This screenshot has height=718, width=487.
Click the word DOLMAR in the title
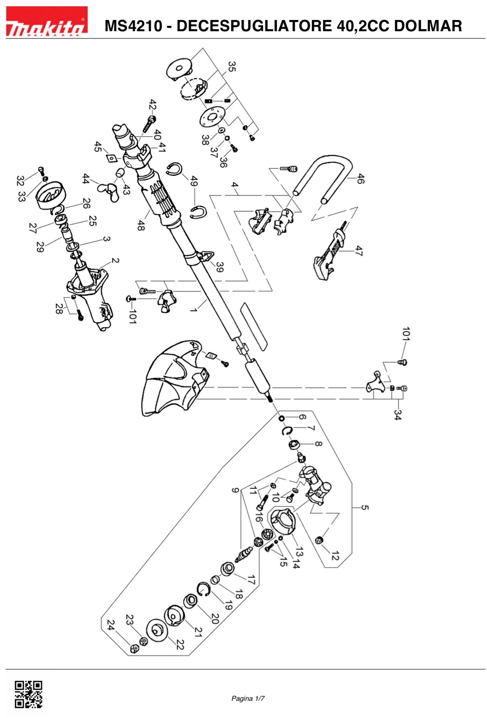(x=428, y=26)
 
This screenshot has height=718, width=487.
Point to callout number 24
(x=111, y=625)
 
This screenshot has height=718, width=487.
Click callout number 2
(x=115, y=260)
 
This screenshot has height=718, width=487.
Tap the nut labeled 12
(x=319, y=540)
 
